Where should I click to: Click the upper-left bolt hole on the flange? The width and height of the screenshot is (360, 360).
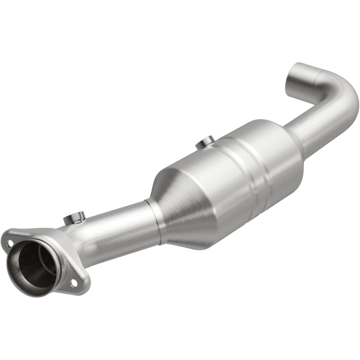[10, 243]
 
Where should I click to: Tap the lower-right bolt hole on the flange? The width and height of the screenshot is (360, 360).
[73, 283]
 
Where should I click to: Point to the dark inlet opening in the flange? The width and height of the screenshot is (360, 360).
[34, 265]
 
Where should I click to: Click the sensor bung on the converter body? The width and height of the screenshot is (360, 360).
[206, 143]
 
